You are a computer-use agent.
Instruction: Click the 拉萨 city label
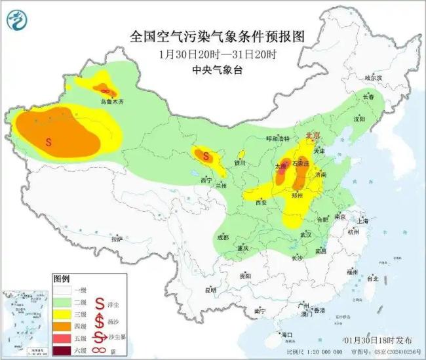117,240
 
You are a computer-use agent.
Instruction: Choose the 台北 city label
372,278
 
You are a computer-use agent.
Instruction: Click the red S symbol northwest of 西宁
206,156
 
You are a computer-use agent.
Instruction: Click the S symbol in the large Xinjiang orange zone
48,141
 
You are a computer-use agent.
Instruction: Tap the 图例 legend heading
62,279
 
